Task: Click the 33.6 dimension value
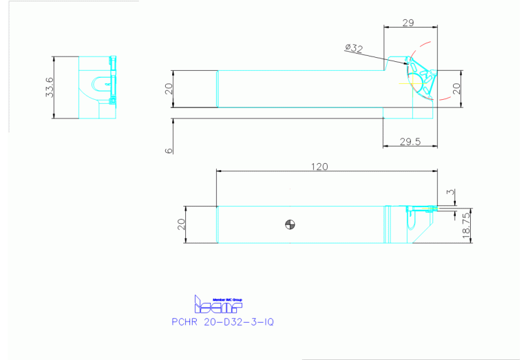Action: pos(49,87)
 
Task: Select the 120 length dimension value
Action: pos(319,166)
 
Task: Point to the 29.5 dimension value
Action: pos(410,141)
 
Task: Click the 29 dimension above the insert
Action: pos(408,23)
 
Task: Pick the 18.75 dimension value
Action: pos(466,224)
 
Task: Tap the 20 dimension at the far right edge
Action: pos(455,89)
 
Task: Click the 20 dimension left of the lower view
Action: pos(181,225)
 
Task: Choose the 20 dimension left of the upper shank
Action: pos(169,89)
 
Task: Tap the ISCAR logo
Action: pos(217,304)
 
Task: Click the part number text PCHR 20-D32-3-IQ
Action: pos(222,321)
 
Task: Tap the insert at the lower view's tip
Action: pos(422,208)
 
